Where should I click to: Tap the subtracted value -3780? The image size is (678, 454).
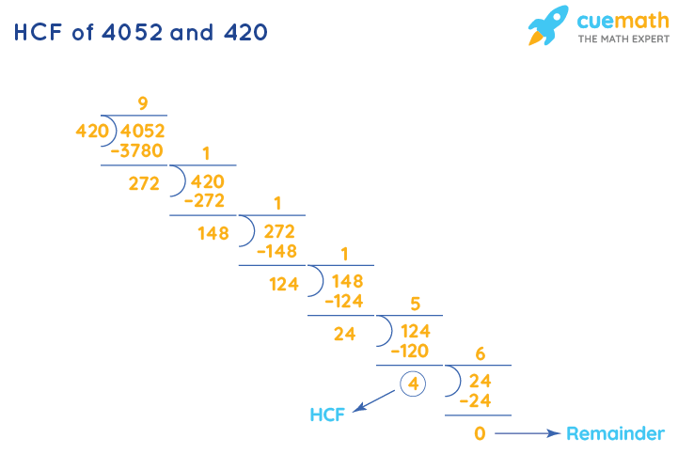(x=137, y=150)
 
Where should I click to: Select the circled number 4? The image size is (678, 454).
(x=412, y=384)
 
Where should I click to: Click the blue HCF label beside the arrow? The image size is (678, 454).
(x=328, y=415)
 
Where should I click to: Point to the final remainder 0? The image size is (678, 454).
(x=481, y=433)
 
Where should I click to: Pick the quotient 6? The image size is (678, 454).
(x=481, y=354)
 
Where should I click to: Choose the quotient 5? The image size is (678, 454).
(x=416, y=305)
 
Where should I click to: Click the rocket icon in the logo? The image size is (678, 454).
(x=548, y=25)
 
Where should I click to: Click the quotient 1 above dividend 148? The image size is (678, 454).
(x=344, y=254)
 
